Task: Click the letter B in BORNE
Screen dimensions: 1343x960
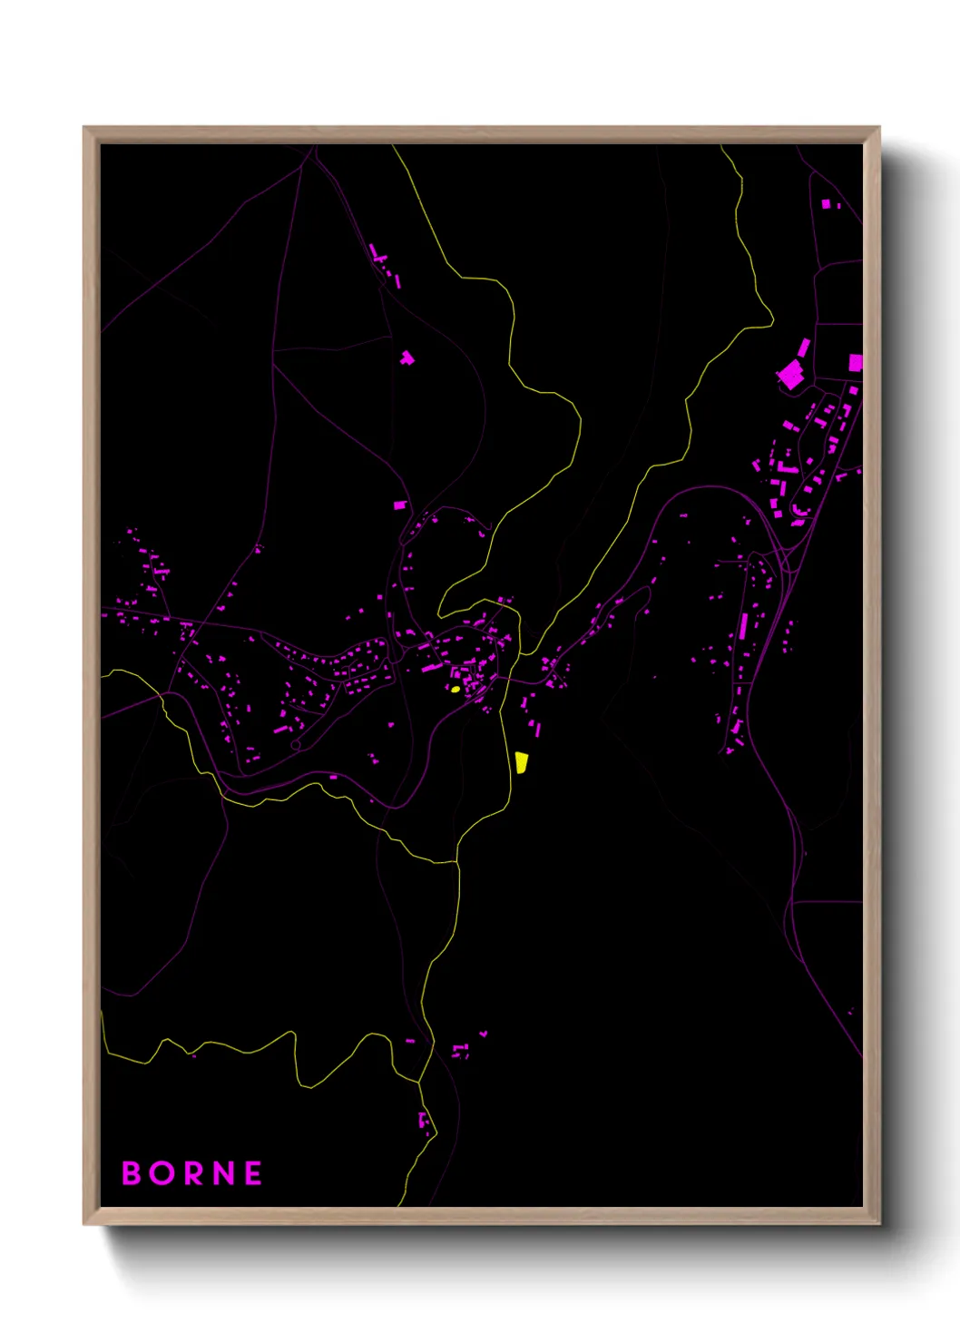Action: point(132,1173)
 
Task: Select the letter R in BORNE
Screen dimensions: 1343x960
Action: point(193,1173)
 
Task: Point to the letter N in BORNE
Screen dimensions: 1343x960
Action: point(223,1173)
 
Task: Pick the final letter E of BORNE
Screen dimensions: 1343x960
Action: point(253,1173)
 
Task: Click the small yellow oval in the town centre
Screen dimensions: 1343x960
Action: point(455,689)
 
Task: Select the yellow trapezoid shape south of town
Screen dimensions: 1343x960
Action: point(522,762)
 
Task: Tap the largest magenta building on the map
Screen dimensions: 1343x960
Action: point(790,374)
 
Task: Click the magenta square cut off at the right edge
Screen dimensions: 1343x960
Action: point(855,363)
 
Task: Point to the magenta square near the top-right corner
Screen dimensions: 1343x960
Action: point(826,204)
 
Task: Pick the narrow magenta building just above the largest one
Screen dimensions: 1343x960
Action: point(803,348)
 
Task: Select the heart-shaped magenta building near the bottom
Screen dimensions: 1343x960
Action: point(484,1034)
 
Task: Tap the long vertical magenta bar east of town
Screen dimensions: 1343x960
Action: point(744,625)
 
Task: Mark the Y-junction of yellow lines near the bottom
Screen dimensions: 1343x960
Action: point(419,1082)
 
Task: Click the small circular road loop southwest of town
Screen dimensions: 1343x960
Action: point(296,745)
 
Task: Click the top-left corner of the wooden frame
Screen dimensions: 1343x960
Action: point(84,128)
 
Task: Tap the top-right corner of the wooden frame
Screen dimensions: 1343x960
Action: point(878,128)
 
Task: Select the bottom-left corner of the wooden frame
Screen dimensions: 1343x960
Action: point(84,1223)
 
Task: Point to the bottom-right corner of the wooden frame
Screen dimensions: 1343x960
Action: point(878,1223)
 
